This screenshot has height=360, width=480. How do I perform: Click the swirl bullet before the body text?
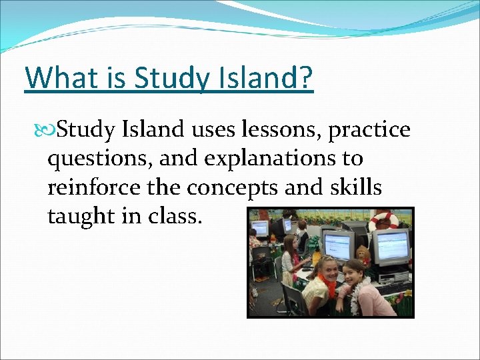45,130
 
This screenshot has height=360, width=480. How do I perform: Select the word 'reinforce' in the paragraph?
93,188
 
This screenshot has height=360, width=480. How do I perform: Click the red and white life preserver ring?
383,221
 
